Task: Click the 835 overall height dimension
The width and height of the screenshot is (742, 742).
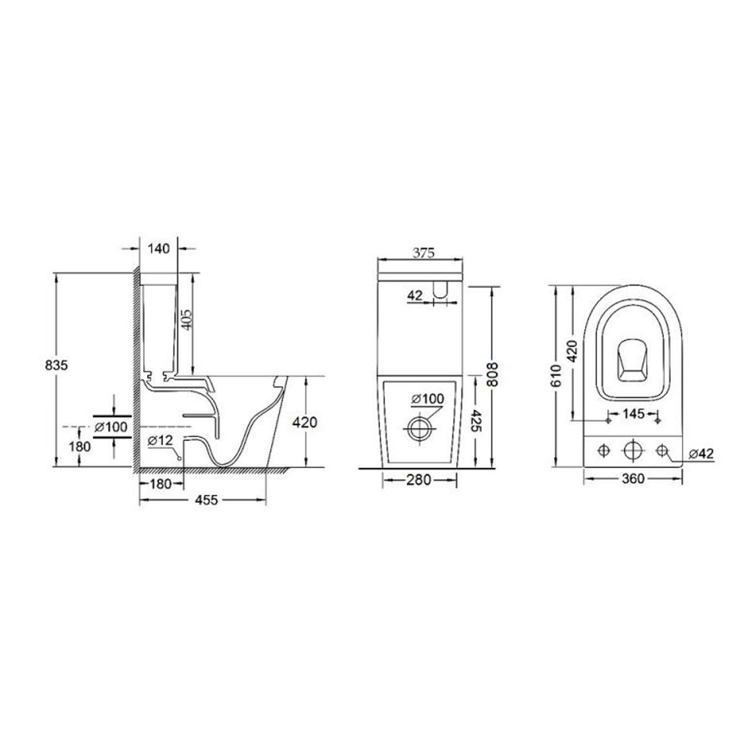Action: [x=56, y=365]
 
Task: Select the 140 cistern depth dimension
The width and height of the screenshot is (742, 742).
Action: [x=159, y=249]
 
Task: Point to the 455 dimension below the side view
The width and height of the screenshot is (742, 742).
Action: [x=207, y=500]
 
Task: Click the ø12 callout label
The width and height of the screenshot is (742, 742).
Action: [x=161, y=440]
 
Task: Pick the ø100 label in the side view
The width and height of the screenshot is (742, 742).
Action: [x=111, y=426]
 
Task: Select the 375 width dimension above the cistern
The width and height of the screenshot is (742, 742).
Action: [x=423, y=253]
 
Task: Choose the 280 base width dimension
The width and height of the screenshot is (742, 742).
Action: [x=418, y=480]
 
